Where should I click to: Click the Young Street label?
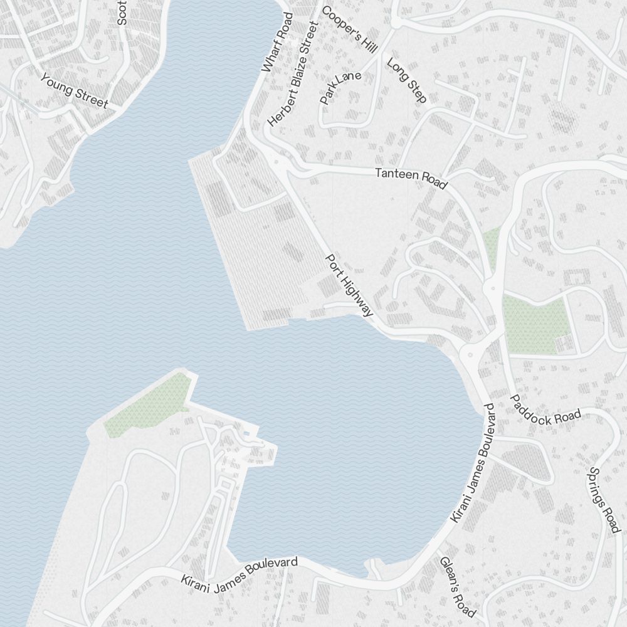[x=75, y=91]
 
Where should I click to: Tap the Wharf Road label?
[x=277, y=42]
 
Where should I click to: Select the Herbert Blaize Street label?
[x=293, y=74]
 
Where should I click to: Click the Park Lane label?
[x=340, y=87]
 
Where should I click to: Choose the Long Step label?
[x=406, y=80]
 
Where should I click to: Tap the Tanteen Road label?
[x=411, y=177]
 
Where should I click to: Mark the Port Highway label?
[x=349, y=285]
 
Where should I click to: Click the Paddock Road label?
[x=545, y=410]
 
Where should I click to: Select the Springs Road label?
[x=604, y=500]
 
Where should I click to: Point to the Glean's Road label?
[x=456, y=586]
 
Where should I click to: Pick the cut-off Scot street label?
[x=122, y=13]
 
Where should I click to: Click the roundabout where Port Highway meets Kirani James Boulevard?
[x=471, y=356]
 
